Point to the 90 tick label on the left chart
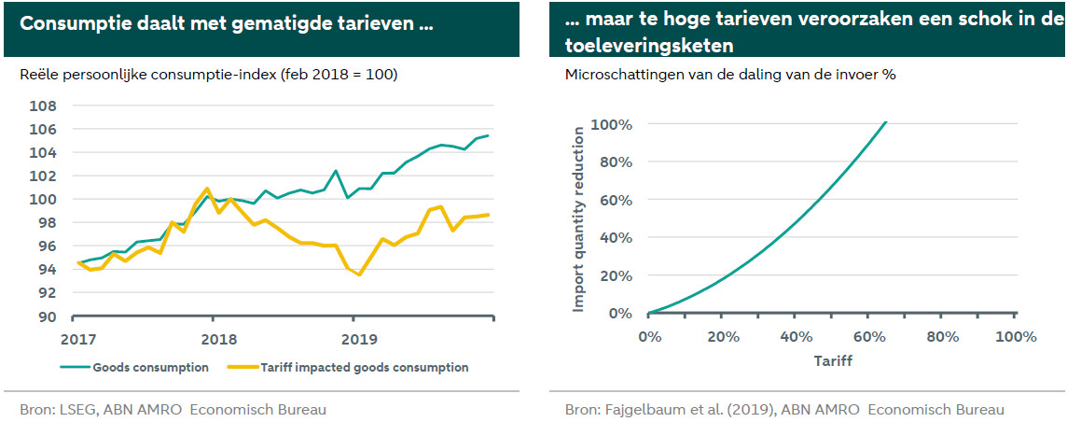coord(46,316)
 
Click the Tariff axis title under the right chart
coord(833,358)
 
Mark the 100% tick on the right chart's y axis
coord(611,125)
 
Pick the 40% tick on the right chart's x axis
coord(796,336)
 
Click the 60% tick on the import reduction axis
coord(615,201)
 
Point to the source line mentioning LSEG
coord(173,409)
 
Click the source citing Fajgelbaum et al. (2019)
coord(784,409)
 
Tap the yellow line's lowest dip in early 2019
coord(359,274)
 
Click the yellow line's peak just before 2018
coord(206,189)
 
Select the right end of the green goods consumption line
coord(488,135)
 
